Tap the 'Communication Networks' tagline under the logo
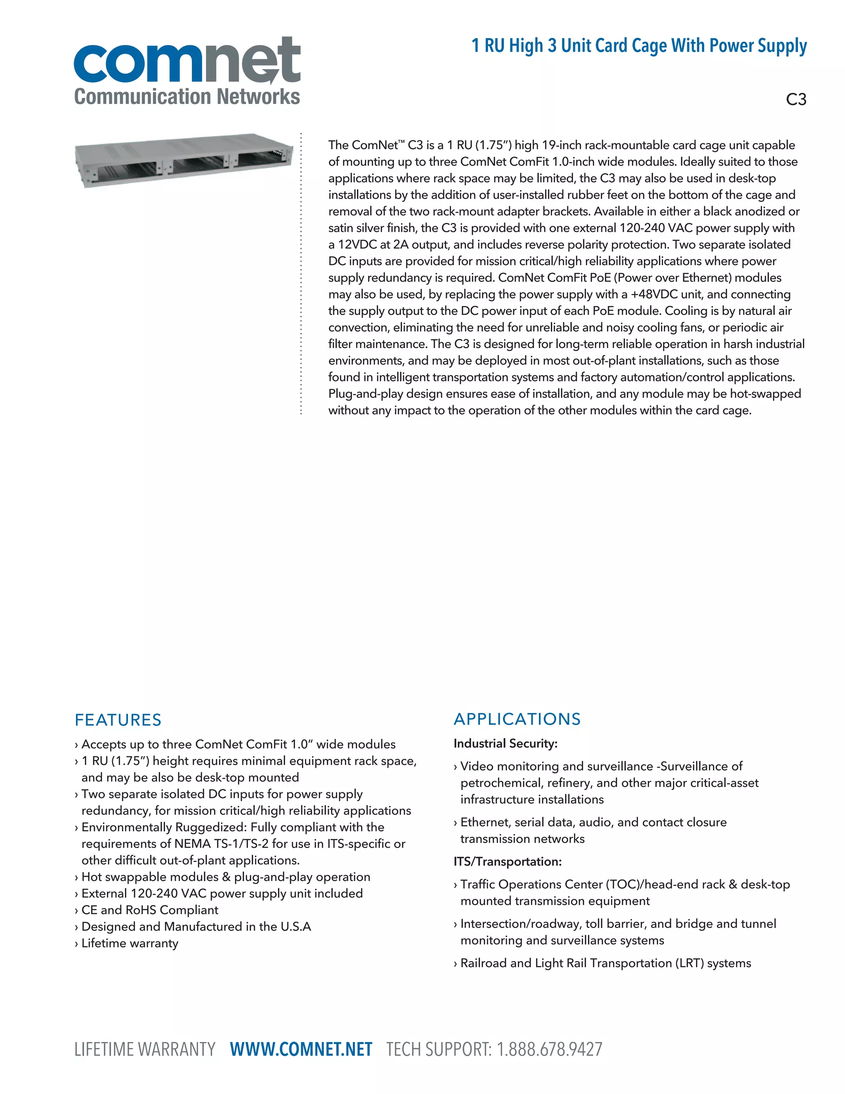187,97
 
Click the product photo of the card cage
184,160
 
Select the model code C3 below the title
795,99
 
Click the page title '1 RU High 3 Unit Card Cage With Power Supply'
639,45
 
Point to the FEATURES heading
118,720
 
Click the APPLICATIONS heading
517,719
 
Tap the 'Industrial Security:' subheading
505,744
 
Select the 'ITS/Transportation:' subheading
507,862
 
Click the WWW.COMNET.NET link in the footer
301,1049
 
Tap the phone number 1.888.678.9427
549,1049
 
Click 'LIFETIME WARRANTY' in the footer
145,1049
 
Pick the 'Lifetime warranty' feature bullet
130,943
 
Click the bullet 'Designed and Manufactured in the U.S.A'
196,927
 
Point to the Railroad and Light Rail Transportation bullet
605,963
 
